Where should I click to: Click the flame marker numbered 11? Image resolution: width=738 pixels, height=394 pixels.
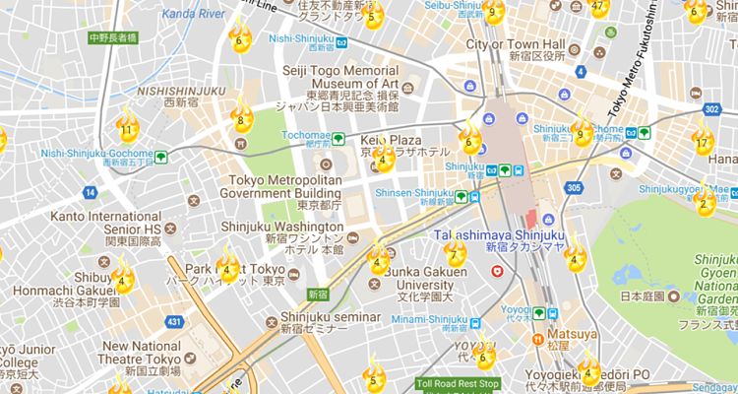click(127, 125)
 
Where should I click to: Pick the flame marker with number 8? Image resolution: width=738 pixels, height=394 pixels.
click(240, 121)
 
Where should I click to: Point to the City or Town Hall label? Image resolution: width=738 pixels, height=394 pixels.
click(516, 45)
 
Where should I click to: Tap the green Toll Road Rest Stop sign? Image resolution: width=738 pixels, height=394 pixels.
click(458, 383)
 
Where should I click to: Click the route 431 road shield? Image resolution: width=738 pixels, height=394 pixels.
click(175, 321)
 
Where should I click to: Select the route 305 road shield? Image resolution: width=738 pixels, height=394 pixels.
click(574, 187)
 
